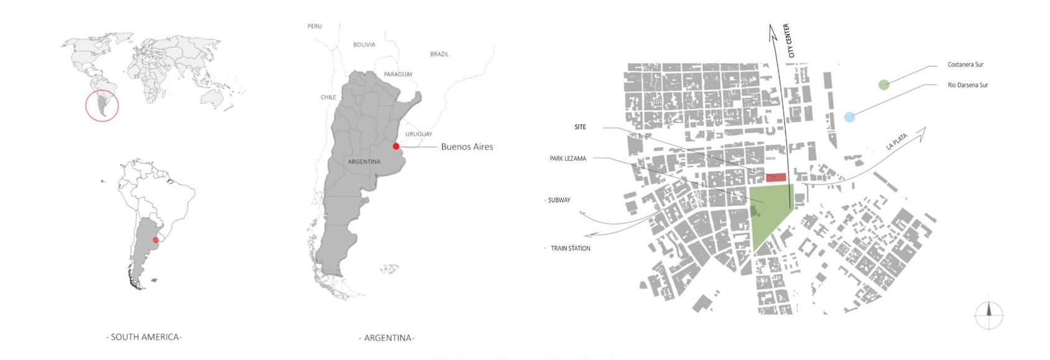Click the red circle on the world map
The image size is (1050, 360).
pyautogui.click(x=102, y=106)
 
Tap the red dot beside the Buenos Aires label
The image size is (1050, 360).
pyautogui.click(x=396, y=147)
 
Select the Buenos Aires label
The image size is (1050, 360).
pyautogui.click(x=467, y=147)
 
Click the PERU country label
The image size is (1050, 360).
pyautogui.click(x=315, y=26)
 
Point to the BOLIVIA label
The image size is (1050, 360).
pyautogui.click(x=364, y=45)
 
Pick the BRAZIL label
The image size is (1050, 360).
pyautogui.click(x=439, y=54)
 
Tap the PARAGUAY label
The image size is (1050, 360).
pyautogui.click(x=398, y=74)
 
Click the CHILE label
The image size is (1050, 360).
pyautogui.click(x=328, y=97)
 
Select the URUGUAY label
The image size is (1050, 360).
pyautogui.click(x=418, y=134)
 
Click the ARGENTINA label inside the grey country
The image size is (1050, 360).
pyautogui.click(x=364, y=162)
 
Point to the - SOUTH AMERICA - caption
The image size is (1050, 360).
pyautogui.click(x=144, y=337)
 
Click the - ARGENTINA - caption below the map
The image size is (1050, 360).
pyautogui.click(x=386, y=338)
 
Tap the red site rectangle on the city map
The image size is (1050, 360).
pyautogui.click(x=776, y=178)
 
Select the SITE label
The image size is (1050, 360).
pyautogui.click(x=580, y=127)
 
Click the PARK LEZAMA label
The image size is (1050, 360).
pyautogui.click(x=568, y=159)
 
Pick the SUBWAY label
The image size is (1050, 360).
pyautogui.click(x=559, y=200)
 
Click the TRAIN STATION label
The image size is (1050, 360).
pyautogui.click(x=570, y=249)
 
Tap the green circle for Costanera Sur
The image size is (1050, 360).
pyautogui.click(x=883, y=85)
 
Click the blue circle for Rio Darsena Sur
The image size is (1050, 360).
pyautogui.click(x=849, y=117)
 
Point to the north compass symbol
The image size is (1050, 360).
pyautogui.click(x=988, y=315)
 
